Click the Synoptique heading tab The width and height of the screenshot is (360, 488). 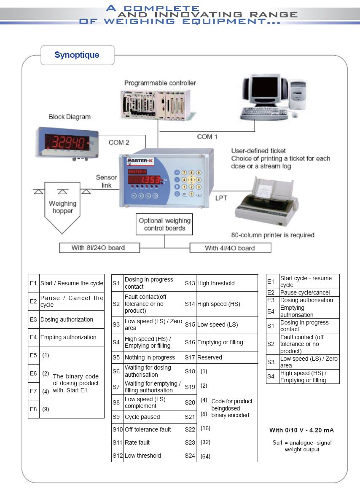click(77, 55)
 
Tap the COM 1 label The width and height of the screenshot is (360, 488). click(207, 137)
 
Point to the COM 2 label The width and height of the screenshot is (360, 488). click(119, 142)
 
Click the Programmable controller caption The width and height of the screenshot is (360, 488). click(160, 83)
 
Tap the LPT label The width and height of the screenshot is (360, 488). click(221, 198)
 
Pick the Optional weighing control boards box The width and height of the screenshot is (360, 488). click(165, 224)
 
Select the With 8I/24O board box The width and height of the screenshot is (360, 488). click(98, 248)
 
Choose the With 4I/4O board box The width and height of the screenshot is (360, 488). click(230, 248)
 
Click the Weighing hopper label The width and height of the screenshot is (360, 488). click(62, 207)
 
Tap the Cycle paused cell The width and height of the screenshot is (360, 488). click(142, 417)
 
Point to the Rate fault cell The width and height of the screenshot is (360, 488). click(137, 442)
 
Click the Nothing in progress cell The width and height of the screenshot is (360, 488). click(150, 357)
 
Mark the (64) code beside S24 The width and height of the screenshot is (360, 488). click(205, 456)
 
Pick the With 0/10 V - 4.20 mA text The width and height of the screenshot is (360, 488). click(301, 430)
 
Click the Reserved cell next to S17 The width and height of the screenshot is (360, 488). click(210, 357)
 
